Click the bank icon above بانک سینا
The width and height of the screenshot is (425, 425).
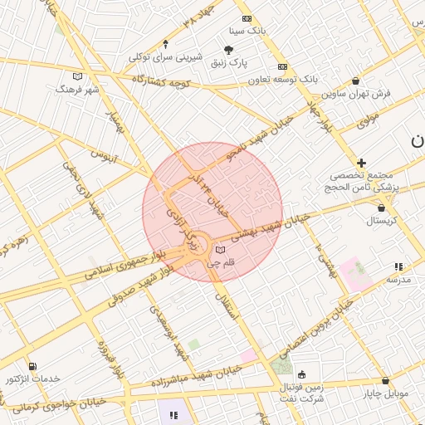[x=247, y=18]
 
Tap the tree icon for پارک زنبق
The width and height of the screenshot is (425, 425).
[x=229, y=50]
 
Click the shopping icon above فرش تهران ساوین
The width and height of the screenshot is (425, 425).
[x=356, y=81]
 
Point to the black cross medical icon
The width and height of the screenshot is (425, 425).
[x=361, y=163]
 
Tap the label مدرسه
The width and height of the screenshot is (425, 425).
[x=398, y=280]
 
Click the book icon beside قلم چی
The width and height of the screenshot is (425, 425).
[x=220, y=249]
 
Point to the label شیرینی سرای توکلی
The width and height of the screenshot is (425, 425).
[x=163, y=57]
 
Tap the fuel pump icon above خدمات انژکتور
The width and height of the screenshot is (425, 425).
[x=32, y=366]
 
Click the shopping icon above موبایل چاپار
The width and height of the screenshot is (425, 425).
[x=383, y=381]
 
